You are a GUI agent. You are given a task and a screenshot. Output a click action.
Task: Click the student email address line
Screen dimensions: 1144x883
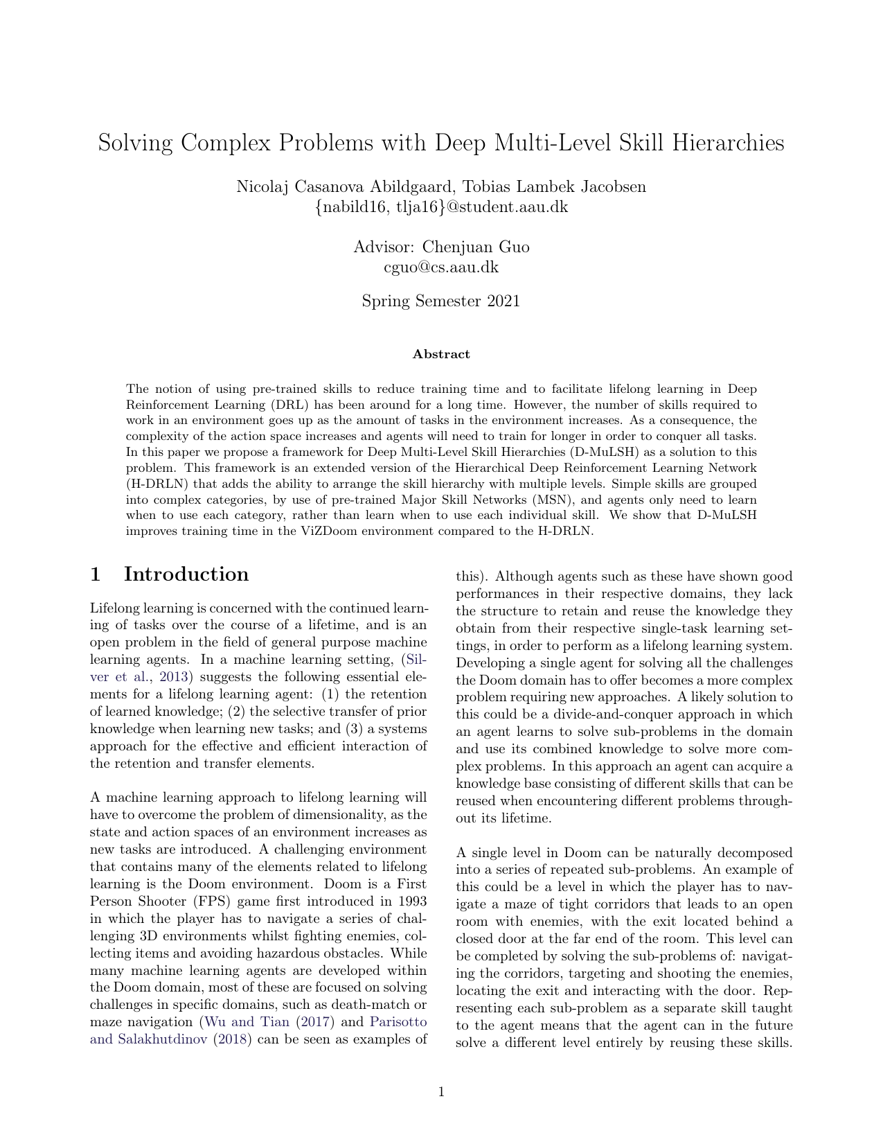coord(441,206)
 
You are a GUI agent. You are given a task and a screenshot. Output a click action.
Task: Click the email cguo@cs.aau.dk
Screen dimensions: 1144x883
coord(441,267)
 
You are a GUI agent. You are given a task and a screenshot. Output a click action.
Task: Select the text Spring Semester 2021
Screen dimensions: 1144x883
coord(441,301)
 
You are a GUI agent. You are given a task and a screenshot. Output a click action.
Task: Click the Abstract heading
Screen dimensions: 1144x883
coord(441,354)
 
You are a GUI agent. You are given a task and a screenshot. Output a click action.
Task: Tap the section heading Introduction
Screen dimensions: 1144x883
coord(186,574)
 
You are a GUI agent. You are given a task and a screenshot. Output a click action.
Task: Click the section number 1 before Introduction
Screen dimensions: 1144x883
coord(96,574)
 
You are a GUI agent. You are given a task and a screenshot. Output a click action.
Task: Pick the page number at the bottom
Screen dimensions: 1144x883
coord(441,1093)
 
